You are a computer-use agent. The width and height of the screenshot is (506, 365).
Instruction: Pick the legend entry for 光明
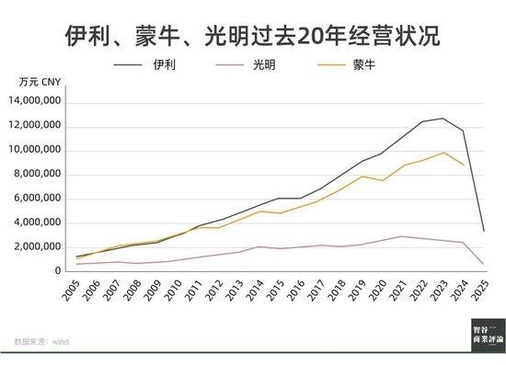click(260, 65)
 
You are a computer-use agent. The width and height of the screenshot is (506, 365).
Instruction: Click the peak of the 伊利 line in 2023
click(443, 118)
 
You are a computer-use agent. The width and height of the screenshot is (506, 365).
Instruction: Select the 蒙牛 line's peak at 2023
click(443, 153)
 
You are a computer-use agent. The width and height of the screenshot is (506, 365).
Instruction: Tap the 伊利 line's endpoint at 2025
click(484, 230)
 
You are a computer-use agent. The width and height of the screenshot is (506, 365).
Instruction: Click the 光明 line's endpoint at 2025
click(484, 264)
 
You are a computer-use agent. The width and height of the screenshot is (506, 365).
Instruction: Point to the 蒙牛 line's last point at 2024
click(464, 165)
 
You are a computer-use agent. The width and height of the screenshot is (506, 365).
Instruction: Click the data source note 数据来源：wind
click(41, 341)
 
